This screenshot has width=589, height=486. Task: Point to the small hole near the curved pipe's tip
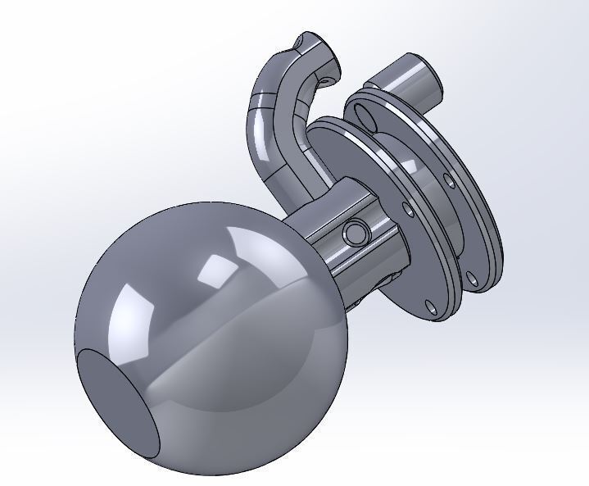327,81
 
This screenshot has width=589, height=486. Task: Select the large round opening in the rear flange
369,120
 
